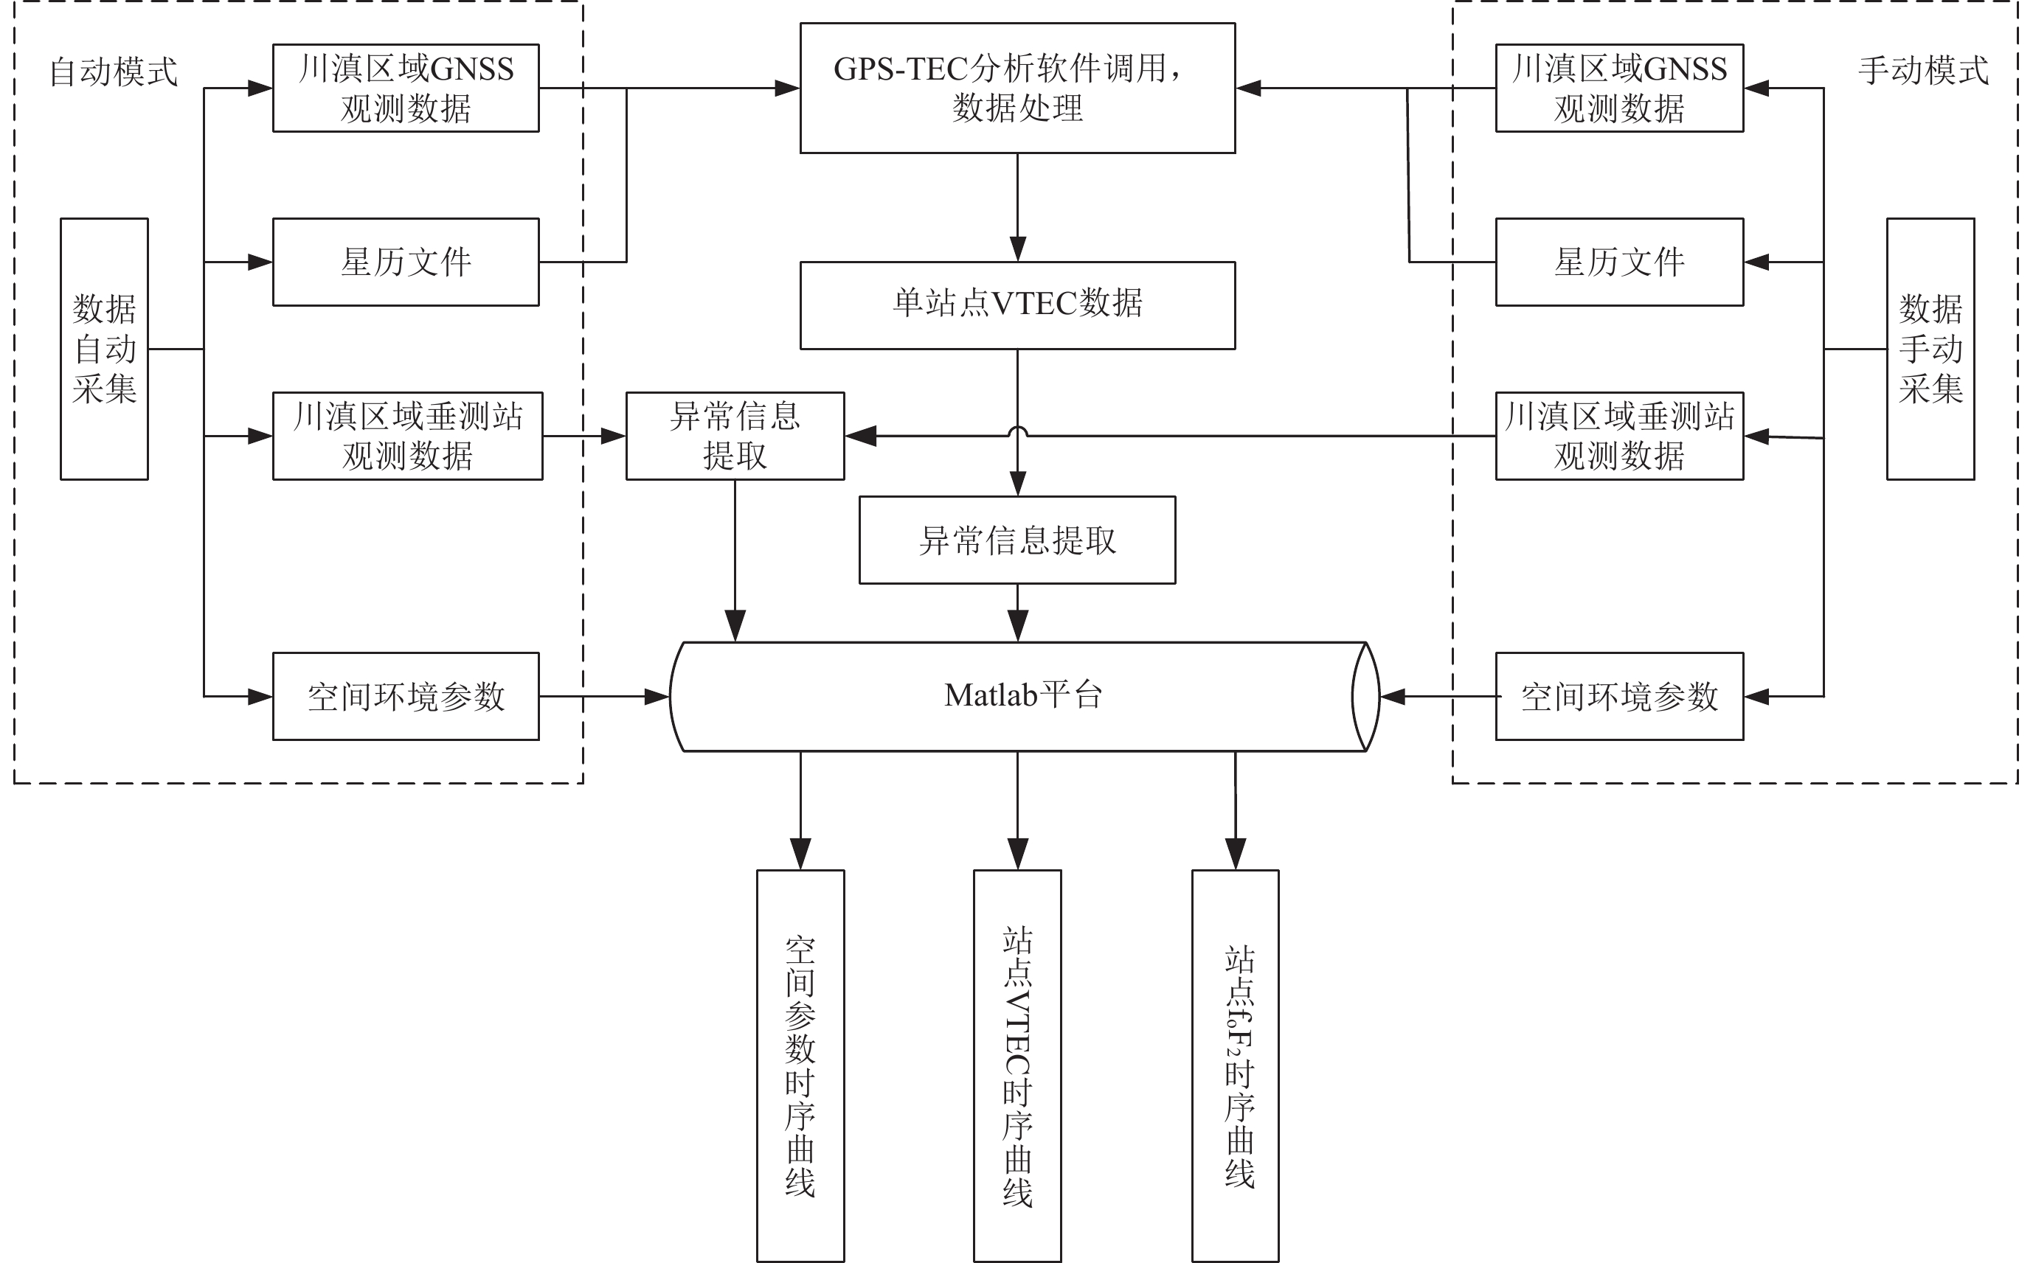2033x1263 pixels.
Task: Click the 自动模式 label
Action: [114, 72]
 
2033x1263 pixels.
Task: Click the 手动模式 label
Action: [1922, 70]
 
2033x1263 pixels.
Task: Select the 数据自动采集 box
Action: [105, 349]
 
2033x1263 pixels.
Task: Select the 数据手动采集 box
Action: [1930, 349]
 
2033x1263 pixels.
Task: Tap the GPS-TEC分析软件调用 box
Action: [1017, 88]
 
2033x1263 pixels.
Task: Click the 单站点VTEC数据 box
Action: [1017, 305]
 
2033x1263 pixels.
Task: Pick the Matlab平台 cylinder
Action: [1024, 696]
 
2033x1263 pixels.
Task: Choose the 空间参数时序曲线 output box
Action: [800, 1065]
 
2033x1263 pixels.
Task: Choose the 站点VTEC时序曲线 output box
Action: [1017, 1065]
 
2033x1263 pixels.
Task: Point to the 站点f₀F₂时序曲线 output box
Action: [1235, 1065]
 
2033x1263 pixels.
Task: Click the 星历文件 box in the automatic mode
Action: [406, 262]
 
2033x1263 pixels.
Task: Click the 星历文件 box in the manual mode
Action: [1618, 262]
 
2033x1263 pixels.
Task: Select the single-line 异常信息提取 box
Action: [1017, 540]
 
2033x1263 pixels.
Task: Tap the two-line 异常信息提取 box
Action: [735, 436]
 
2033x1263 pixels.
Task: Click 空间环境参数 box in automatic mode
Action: [406, 696]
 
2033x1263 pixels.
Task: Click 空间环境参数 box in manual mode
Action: [1618, 696]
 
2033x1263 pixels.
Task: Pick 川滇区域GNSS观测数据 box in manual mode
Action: [1618, 88]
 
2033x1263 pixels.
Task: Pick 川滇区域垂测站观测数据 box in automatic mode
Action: [408, 436]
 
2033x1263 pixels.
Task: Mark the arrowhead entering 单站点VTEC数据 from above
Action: [1017, 249]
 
